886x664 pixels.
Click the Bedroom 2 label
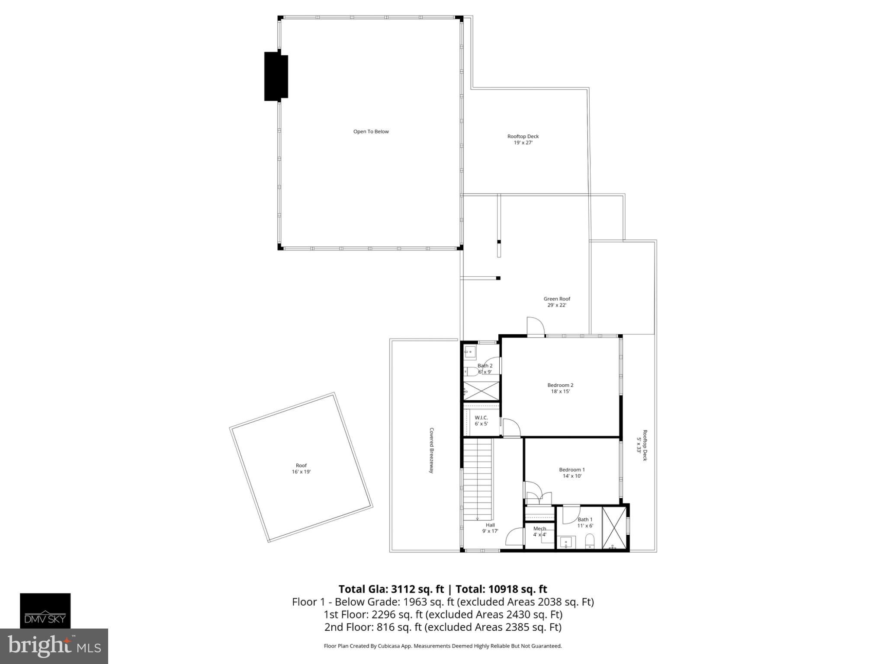[560, 388]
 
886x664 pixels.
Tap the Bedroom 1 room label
[571, 472]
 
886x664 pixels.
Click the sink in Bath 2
[470, 352]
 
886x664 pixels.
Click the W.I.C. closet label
[481, 420]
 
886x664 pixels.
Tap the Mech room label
[539, 531]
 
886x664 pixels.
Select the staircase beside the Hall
[478, 479]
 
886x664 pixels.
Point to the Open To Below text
[371, 131]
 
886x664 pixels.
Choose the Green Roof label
[557, 302]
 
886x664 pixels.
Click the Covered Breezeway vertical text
[431, 450]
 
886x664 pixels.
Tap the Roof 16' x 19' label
[301, 469]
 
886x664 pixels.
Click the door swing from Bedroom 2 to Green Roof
[535, 326]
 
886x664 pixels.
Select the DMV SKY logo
[45, 610]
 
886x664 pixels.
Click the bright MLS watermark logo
[54, 646]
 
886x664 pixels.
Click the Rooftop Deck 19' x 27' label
[523, 139]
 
